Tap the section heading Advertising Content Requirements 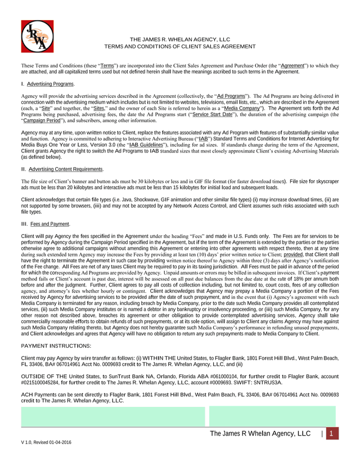point(65,169)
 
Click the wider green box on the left point(112,416)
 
